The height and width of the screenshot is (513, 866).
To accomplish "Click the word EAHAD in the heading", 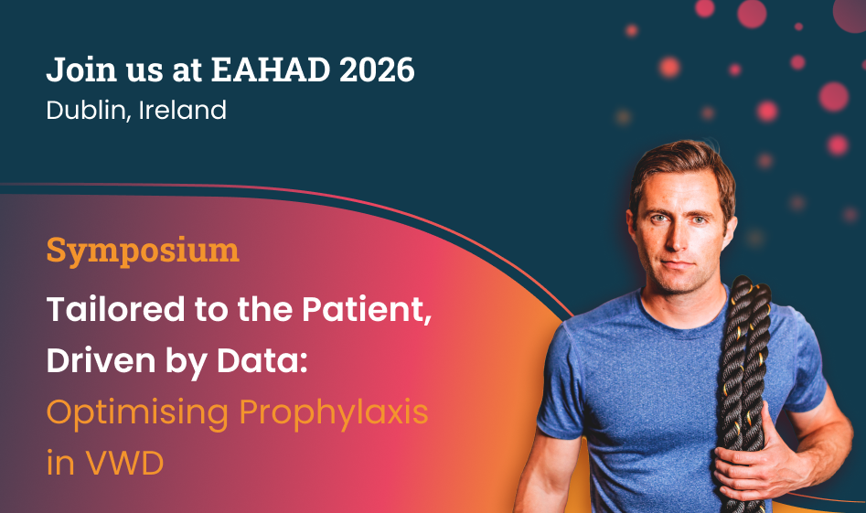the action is tap(271, 69).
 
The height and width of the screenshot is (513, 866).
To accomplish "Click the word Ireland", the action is tap(182, 110).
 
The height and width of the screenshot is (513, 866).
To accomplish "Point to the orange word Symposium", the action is tap(143, 251).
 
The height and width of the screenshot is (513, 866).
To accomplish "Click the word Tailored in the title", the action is tap(115, 309).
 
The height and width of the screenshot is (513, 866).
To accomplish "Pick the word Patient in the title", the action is tap(366, 309).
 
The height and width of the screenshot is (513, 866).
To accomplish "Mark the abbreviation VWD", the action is tap(124, 463).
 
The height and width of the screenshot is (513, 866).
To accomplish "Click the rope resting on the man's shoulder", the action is tap(743, 387).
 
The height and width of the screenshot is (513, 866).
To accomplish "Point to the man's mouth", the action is tap(677, 265).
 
